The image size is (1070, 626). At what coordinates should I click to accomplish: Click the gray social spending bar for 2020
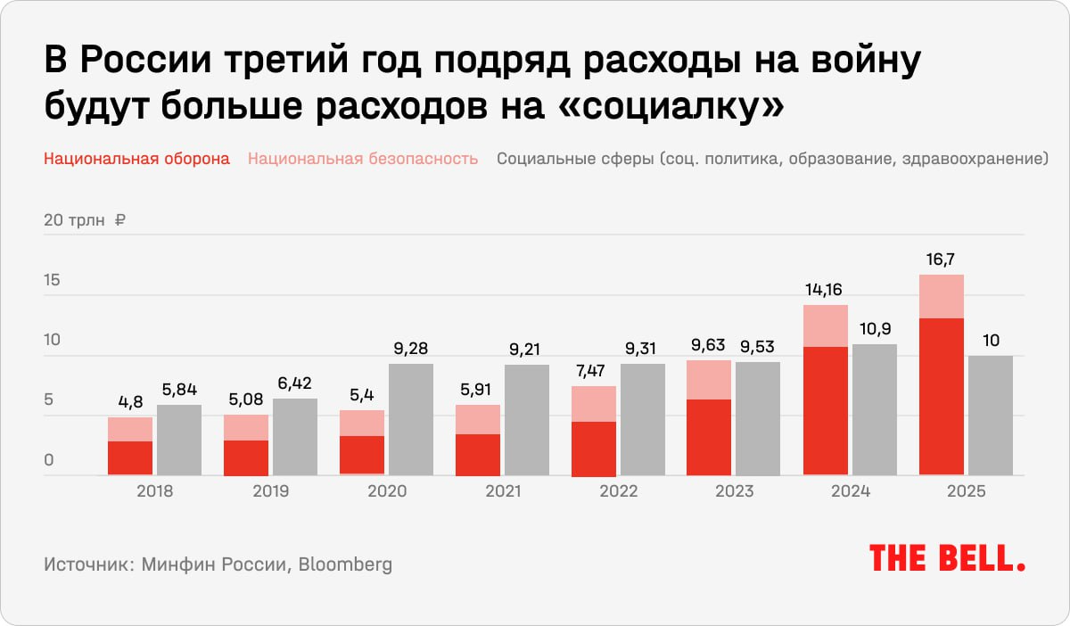[411, 419]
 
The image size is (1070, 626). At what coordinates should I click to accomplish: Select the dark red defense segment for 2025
[941, 396]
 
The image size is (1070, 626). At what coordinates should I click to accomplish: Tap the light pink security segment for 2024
[825, 325]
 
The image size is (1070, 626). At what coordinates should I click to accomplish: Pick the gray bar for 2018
[179, 440]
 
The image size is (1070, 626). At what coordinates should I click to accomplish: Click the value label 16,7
[941, 259]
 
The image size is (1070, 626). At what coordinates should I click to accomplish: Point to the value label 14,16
[825, 290]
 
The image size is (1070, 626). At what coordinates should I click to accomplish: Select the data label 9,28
[411, 349]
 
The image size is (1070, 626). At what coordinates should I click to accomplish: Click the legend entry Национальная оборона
[136, 160]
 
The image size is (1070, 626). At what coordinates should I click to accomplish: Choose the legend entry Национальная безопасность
[363, 160]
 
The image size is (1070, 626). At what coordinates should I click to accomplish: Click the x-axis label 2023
[733, 491]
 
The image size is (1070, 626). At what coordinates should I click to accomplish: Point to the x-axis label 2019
[269, 491]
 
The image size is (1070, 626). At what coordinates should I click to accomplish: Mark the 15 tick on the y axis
[52, 281]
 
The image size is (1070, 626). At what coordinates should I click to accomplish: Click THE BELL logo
[947, 559]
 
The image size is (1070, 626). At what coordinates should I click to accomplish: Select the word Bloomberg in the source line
[345, 564]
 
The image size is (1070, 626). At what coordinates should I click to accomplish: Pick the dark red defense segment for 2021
[477, 455]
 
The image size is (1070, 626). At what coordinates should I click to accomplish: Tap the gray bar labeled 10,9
[874, 409]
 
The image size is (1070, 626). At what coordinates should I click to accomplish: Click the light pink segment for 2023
[709, 380]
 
